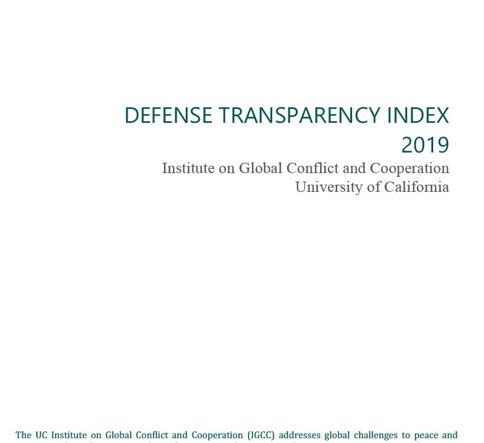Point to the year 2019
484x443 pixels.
425,145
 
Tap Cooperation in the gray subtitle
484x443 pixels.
411,168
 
